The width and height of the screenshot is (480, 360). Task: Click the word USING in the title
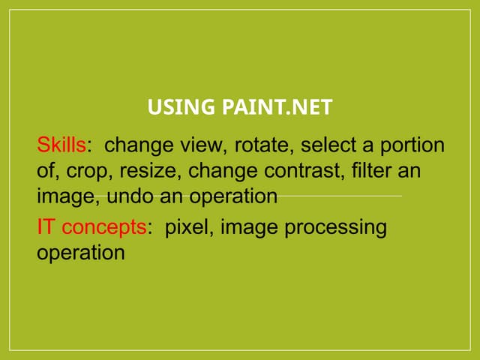point(181,106)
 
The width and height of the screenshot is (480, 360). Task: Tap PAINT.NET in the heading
point(277,106)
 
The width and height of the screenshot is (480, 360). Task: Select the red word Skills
point(61,145)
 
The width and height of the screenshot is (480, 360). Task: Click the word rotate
point(262,145)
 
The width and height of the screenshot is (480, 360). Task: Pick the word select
point(328,145)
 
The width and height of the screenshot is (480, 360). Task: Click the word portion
point(412,145)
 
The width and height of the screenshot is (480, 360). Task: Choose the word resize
point(148,170)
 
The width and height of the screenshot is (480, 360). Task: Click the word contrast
point(302,170)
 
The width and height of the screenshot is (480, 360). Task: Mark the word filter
point(372,170)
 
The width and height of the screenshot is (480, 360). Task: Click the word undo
point(130,196)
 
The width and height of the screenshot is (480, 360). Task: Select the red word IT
point(45,226)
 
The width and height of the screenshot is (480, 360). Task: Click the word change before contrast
point(223,171)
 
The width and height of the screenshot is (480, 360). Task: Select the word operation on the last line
point(81,253)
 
